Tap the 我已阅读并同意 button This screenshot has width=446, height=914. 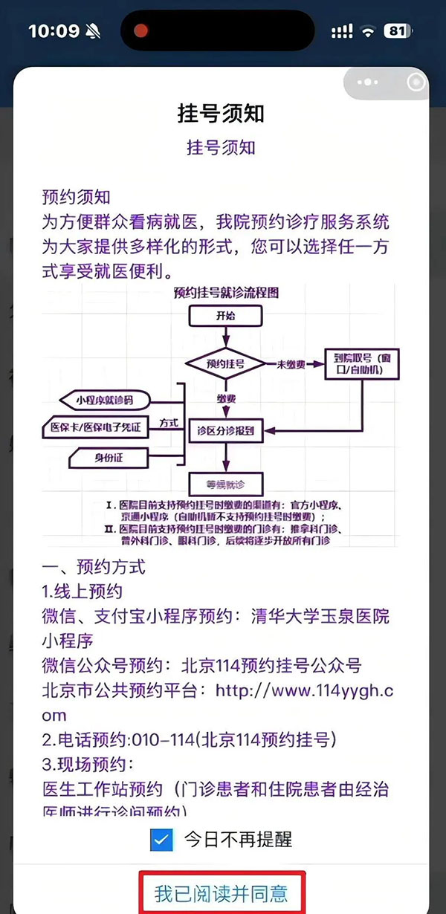click(221, 892)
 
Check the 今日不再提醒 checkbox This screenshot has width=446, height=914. click(161, 840)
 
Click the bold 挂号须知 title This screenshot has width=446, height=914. click(221, 114)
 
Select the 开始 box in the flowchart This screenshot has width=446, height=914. click(224, 315)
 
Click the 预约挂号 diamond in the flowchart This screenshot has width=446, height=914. click(224, 364)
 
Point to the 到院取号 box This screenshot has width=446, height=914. click(362, 364)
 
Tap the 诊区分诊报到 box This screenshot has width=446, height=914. click(224, 430)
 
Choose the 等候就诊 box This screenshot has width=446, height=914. click(224, 485)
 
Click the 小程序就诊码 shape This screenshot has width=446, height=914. click(104, 400)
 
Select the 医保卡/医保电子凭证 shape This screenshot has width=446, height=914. click(96, 428)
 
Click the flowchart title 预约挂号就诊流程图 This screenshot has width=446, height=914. click(224, 292)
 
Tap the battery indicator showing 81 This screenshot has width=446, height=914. click(398, 31)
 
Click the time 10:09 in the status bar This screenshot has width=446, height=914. click(54, 31)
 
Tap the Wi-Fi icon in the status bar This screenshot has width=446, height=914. click(367, 31)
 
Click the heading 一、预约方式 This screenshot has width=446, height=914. click(94, 567)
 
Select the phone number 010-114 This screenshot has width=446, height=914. click(170, 739)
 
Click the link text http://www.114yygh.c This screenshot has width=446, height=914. click(304, 690)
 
